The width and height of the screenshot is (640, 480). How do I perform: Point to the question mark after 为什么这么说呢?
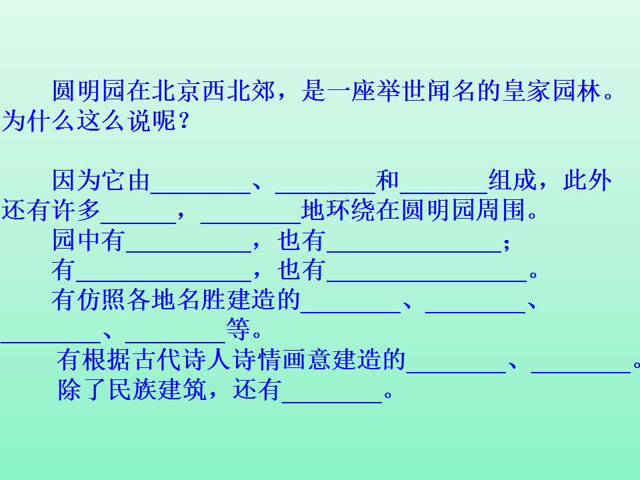184,121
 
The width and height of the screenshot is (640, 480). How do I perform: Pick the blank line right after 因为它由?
201,192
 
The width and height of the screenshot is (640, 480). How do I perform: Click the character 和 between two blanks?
387,180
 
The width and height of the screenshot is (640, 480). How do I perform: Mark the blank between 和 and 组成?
444,192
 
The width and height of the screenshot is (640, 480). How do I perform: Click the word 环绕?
351,210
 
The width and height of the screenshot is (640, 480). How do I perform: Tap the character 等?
238,329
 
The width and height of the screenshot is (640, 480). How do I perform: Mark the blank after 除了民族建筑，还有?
332,402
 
